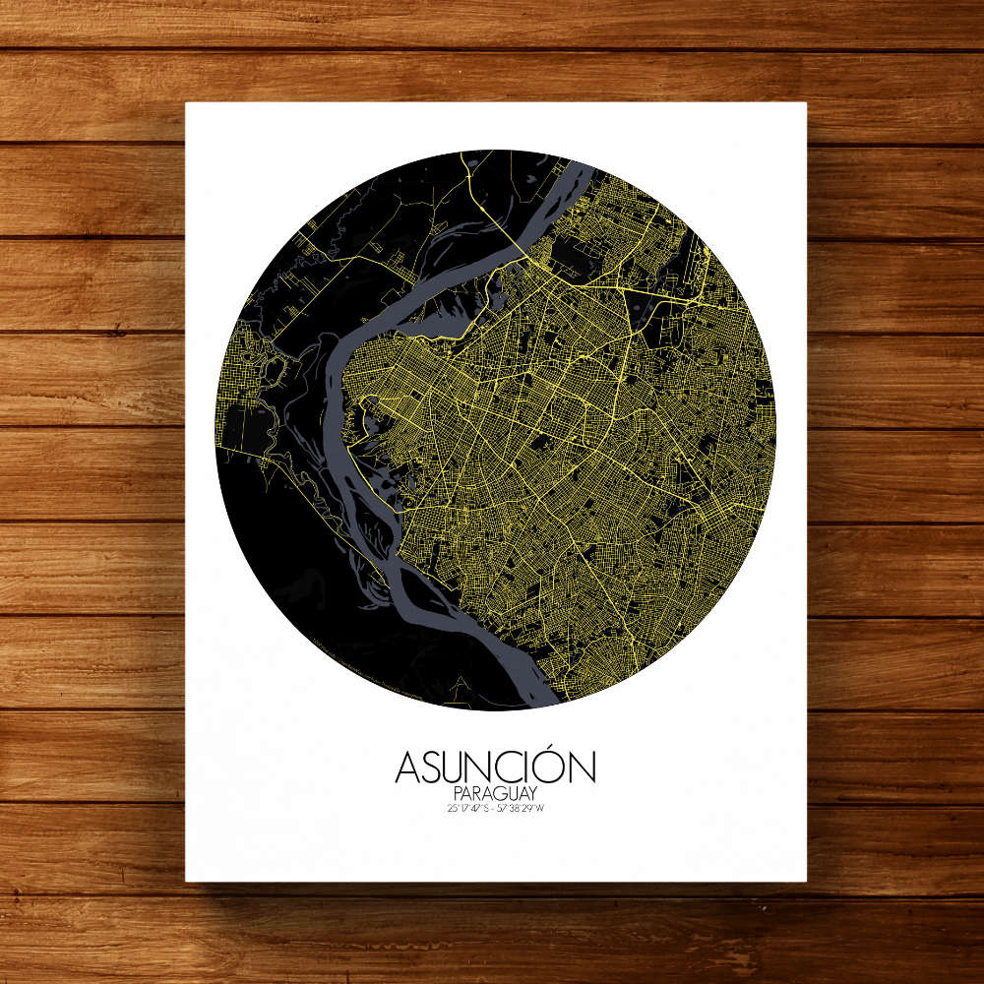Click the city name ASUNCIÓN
pos(495,768)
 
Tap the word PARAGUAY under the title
pos(495,793)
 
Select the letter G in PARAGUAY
pos(498,793)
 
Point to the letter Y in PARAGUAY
pos(532,793)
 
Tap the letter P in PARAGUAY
pos(459,793)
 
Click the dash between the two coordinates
pos(495,809)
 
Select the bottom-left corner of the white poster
pos(187,880)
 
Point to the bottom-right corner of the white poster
pos(806,880)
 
